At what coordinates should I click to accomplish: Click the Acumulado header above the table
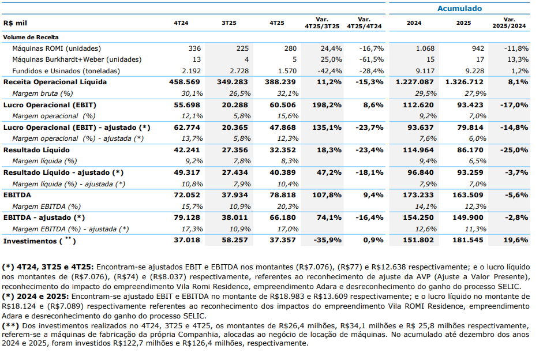coord(459,9)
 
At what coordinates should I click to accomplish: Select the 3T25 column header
coord(229,23)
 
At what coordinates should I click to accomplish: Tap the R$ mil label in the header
coord(16,23)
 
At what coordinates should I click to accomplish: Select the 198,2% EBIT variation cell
coord(329,105)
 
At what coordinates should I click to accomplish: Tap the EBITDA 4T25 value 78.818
coord(283,195)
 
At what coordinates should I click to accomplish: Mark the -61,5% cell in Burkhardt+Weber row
coord(371,59)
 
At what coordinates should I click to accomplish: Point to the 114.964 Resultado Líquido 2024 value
coord(418,150)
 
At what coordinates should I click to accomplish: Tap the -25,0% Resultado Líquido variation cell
coord(515,150)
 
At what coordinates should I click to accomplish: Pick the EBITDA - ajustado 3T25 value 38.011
coord(235,217)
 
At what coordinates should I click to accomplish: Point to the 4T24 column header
coord(181,23)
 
